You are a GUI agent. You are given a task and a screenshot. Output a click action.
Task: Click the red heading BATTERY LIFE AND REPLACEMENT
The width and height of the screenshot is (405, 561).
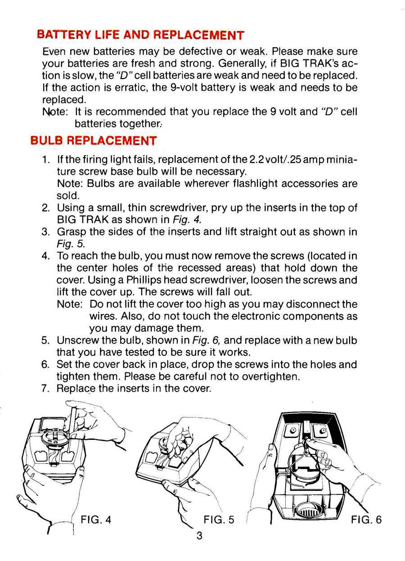tap(140, 35)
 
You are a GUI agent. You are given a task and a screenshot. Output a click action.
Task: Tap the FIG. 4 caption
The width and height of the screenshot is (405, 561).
tap(95, 519)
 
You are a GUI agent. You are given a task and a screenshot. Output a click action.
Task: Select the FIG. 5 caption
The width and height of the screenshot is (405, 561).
tap(219, 519)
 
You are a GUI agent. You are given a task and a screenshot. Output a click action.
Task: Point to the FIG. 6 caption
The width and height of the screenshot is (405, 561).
tap(366, 519)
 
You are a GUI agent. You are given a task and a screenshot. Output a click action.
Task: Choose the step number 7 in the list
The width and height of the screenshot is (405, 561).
tap(45, 388)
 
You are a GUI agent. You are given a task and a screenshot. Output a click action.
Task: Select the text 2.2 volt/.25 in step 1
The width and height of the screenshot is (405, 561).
tap(275, 160)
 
